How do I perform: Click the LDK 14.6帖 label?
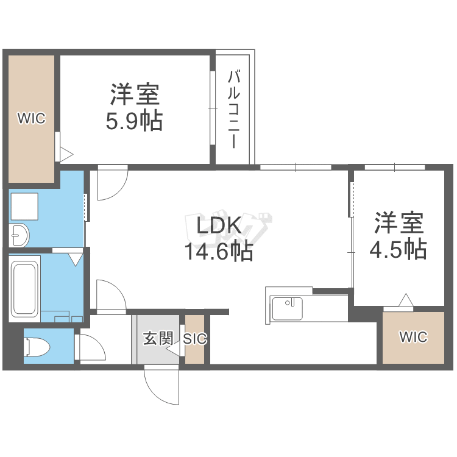219,238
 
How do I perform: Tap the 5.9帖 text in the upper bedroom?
134,121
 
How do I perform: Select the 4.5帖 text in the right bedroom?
398,249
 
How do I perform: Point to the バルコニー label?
234,109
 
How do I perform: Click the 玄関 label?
158,338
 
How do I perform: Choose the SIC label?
195,339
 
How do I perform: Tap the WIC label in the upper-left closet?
32,118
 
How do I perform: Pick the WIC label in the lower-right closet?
413,337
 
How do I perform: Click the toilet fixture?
37,347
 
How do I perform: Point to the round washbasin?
19,235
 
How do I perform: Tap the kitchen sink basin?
287,309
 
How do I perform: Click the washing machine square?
24,207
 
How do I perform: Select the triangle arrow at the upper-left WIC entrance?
66,155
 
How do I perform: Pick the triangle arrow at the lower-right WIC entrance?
406,300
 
